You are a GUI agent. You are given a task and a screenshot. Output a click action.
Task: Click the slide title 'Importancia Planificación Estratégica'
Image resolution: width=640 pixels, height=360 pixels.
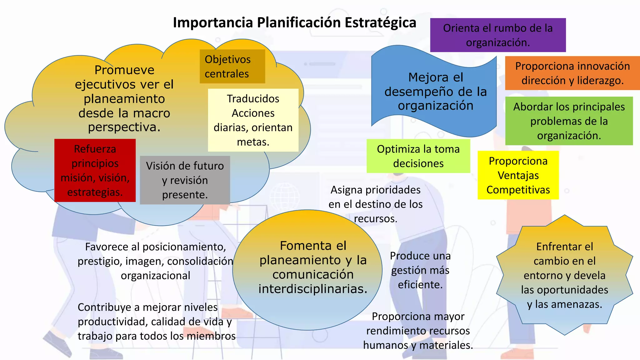point(294,23)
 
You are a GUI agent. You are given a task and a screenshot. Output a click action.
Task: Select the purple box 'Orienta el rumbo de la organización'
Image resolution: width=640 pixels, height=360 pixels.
point(498,35)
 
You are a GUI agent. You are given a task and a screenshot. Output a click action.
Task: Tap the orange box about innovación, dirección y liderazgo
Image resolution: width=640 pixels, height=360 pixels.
point(572,73)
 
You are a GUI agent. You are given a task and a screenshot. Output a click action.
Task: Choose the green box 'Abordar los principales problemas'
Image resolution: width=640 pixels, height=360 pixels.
point(569,121)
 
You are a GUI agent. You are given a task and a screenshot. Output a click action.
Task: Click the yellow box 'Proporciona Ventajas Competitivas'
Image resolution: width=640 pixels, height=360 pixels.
point(518,175)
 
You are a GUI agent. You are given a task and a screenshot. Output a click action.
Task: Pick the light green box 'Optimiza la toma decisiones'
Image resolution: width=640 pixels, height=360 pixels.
point(418,156)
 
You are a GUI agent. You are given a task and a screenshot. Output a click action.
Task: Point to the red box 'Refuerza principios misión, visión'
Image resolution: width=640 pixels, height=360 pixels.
point(95,170)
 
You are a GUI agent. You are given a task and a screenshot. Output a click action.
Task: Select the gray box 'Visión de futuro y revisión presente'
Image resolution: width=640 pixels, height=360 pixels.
point(185,180)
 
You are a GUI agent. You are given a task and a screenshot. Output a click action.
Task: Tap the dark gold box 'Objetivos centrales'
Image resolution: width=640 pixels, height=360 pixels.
point(232,66)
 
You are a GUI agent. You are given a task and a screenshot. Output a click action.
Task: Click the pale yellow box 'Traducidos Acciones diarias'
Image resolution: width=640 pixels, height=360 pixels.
point(253,120)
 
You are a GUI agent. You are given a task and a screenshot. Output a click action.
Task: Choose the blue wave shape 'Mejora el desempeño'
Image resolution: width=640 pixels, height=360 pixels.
point(435,91)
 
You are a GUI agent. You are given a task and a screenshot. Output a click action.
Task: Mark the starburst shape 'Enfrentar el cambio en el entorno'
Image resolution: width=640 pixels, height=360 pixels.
point(564,275)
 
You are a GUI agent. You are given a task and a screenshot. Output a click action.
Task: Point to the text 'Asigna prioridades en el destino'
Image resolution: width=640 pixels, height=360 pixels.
point(375,204)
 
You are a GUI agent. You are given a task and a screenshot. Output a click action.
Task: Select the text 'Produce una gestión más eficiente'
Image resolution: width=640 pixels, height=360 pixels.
point(420,270)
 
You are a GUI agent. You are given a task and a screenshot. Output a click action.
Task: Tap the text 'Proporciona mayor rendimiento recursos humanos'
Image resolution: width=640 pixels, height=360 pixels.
point(418,331)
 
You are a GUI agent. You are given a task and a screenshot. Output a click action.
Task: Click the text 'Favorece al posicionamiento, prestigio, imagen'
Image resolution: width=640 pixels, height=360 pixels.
point(155,261)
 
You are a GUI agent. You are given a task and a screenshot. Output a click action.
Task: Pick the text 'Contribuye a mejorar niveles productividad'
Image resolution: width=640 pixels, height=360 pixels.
point(156,322)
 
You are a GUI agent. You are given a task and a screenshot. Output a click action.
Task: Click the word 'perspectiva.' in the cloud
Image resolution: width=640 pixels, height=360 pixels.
point(124,127)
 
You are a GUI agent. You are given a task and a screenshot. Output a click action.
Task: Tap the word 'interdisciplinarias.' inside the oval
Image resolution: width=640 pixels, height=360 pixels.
point(313,289)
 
